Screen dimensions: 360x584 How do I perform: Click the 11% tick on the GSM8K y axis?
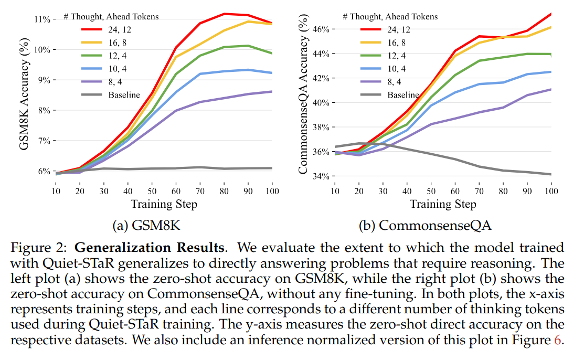pyautogui.click(x=42, y=19)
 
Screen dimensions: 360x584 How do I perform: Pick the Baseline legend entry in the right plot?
pyautogui.click(x=403, y=94)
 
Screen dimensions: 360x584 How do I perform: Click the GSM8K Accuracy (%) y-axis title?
pyautogui.click(x=25, y=94)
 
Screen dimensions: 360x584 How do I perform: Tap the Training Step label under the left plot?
pyautogui.click(x=164, y=204)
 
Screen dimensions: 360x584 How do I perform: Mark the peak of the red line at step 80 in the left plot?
pyautogui.click(x=224, y=14)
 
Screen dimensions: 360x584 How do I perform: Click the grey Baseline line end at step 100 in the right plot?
pyautogui.click(x=551, y=174)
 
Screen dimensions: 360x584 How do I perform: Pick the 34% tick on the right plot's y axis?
pyautogui.click(x=320, y=176)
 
